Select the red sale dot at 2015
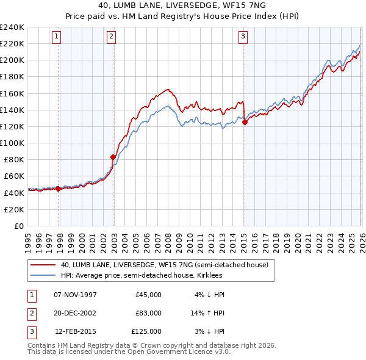tap(245, 122)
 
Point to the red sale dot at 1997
tap(59, 189)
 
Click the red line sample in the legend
tap(43, 265)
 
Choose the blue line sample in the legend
tap(43, 276)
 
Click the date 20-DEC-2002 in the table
tap(76, 313)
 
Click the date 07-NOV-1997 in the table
tap(76, 295)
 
